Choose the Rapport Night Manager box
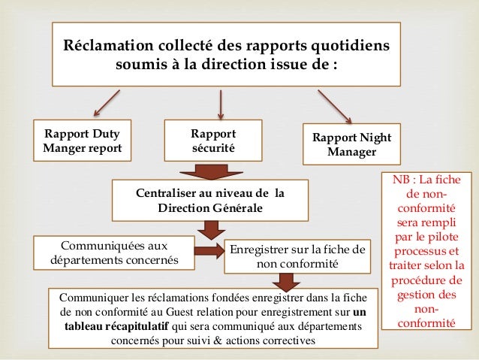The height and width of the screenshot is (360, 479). (351, 144)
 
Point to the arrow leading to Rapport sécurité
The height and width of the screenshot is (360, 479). (220, 104)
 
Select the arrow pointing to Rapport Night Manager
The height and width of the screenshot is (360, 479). (336, 105)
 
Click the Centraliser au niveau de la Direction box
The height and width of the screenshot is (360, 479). (210, 200)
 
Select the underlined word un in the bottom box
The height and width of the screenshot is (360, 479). (360, 313)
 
